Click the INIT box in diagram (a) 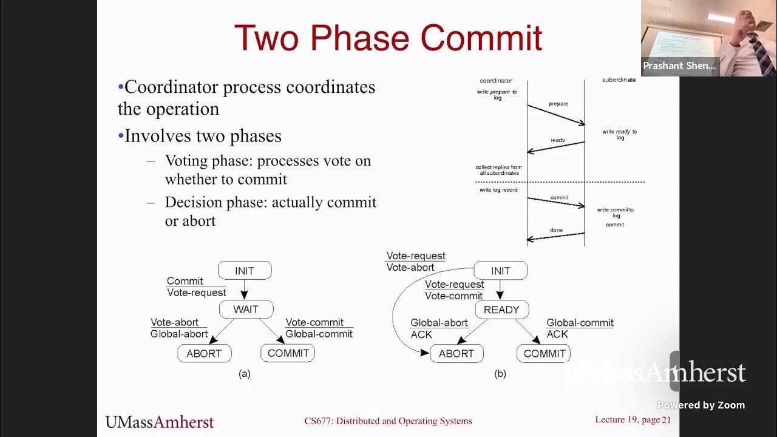pyautogui.click(x=245, y=271)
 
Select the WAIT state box pyautogui.click(x=246, y=310)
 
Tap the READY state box pyautogui.click(x=501, y=310)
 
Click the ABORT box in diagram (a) pyautogui.click(x=204, y=353)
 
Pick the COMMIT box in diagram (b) pyautogui.click(x=544, y=353)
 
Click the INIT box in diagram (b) pyautogui.click(x=500, y=271)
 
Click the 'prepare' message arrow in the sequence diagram pyautogui.click(x=555, y=115)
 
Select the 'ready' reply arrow pyautogui.click(x=555, y=146)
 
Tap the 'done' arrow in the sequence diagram pyautogui.click(x=555, y=236)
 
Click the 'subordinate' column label pyautogui.click(x=619, y=80)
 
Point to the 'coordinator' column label pyautogui.click(x=496, y=81)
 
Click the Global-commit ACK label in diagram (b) pyautogui.click(x=580, y=328)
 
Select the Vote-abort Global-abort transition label pyautogui.click(x=179, y=328)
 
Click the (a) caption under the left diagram pyautogui.click(x=245, y=374)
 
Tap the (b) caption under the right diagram pyautogui.click(x=500, y=374)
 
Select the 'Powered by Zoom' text pyautogui.click(x=701, y=405)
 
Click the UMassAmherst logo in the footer pyautogui.click(x=160, y=421)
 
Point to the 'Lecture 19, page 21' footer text pyautogui.click(x=633, y=420)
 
